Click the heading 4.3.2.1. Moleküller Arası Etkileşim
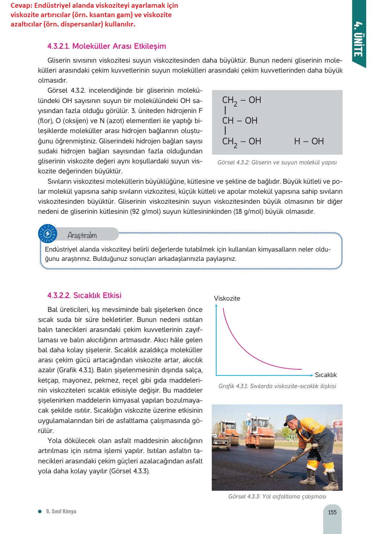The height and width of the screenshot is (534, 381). [x=107, y=46]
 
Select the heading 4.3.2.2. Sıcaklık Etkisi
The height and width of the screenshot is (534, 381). [x=84, y=295]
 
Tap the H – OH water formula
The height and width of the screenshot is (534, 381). [x=309, y=141]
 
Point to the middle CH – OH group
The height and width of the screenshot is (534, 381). [x=240, y=121]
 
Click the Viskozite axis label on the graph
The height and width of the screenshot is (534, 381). [x=227, y=299]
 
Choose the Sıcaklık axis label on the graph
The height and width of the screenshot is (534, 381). [x=326, y=375]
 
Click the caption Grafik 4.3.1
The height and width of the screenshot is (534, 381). [x=277, y=386]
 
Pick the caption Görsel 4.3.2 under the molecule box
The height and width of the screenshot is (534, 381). [x=277, y=162]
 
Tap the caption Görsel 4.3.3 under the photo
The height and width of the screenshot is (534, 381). [x=277, y=497]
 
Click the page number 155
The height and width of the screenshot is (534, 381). [x=332, y=512]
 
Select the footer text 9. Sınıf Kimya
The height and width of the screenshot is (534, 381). [x=61, y=511]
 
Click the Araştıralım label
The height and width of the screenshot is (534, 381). [x=82, y=235]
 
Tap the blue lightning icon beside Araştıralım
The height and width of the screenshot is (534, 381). [x=47, y=234]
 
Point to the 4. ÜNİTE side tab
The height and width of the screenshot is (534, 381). [x=358, y=39]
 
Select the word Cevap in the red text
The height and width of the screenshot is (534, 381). [x=21, y=5]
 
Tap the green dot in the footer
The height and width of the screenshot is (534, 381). [x=40, y=511]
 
